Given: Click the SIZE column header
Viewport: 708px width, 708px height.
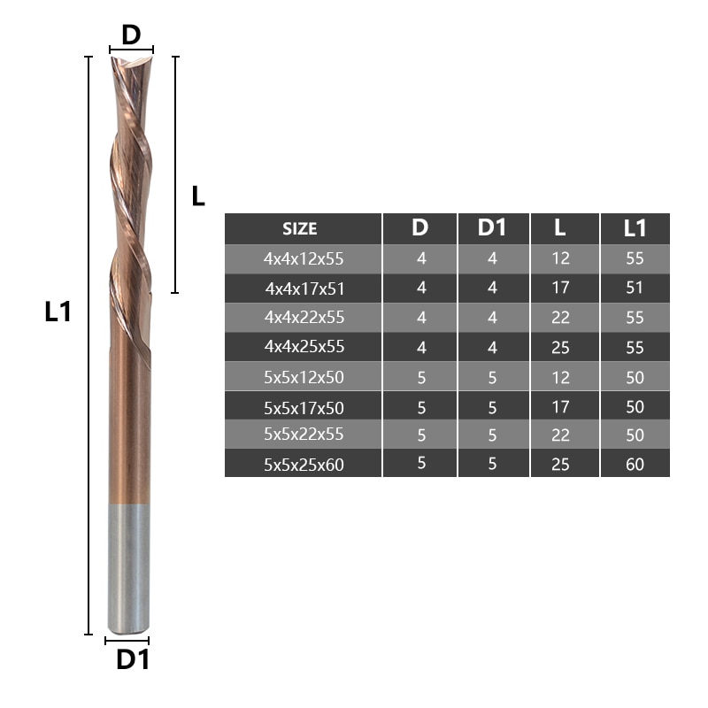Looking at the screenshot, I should tap(300, 228).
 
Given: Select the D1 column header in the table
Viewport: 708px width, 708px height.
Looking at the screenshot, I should tap(492, 227).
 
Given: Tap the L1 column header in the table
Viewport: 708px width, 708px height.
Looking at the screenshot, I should tap(635, 227).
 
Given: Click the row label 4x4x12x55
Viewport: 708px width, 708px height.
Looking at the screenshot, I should tap(303, 259).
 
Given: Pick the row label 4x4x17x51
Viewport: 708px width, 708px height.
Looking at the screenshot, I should tap(303, 288).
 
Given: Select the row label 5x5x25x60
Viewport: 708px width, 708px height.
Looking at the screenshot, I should tap(303, 463).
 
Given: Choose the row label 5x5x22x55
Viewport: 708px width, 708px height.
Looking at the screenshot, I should tap(303, 434).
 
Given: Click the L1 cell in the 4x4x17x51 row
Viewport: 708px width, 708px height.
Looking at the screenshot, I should tap(635, 288).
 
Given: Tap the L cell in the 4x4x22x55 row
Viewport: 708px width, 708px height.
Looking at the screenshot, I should tap(560, 318).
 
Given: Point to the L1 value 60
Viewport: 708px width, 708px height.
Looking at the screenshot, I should tap(635, 463).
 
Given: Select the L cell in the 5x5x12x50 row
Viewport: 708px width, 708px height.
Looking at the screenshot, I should tap(560, 377).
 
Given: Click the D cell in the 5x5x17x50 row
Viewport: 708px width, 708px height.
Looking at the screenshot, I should tap(420, 407).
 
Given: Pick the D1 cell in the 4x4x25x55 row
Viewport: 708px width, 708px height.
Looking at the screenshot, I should tap(492, 347).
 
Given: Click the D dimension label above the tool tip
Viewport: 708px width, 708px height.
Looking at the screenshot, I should tap(131, 35).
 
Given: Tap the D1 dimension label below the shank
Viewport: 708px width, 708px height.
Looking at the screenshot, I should tap(133, 659).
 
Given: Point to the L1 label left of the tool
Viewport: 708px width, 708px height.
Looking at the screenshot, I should tap(58, 312).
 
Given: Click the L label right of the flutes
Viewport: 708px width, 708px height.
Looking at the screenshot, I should tap(198, 196).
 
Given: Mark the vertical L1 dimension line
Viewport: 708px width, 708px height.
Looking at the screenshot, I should tap(88, 345).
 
